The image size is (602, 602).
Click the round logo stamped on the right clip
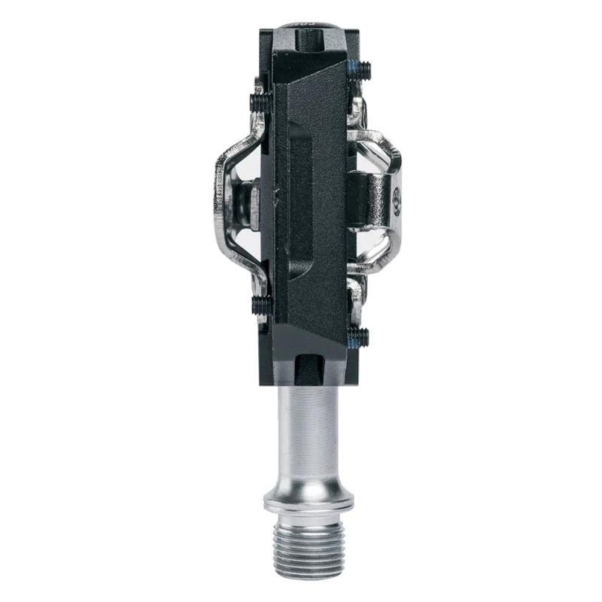click(397, 202)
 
